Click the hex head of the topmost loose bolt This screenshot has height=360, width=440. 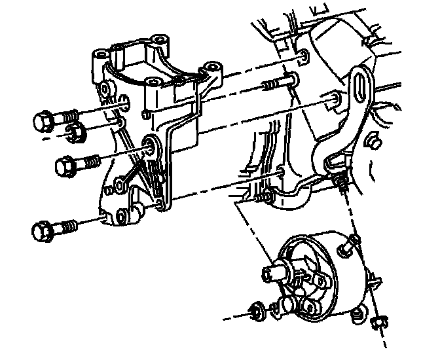point(43,121)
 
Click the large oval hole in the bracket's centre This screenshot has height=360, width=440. point(151,145)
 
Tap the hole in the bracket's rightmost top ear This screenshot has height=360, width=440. point(210,67)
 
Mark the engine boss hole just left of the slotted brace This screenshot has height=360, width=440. point(335,99)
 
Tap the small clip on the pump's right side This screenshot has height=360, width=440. point(375,282)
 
